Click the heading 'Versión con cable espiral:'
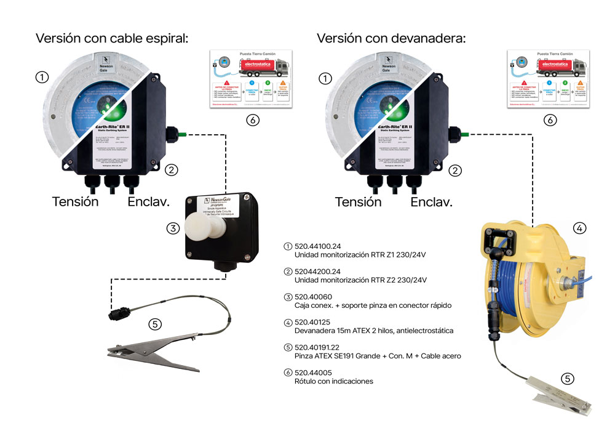[111, 39]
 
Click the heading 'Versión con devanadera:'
[391, 39]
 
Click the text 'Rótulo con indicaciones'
[334, 381]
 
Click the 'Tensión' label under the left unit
[75, 202]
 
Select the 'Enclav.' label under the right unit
[431, 202]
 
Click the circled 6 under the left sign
[252, 120]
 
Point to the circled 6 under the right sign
[550, 120]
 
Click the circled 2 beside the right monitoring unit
[456, 171]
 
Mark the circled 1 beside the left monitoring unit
[42, 78]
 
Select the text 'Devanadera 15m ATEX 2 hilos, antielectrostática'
[374, 331]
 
